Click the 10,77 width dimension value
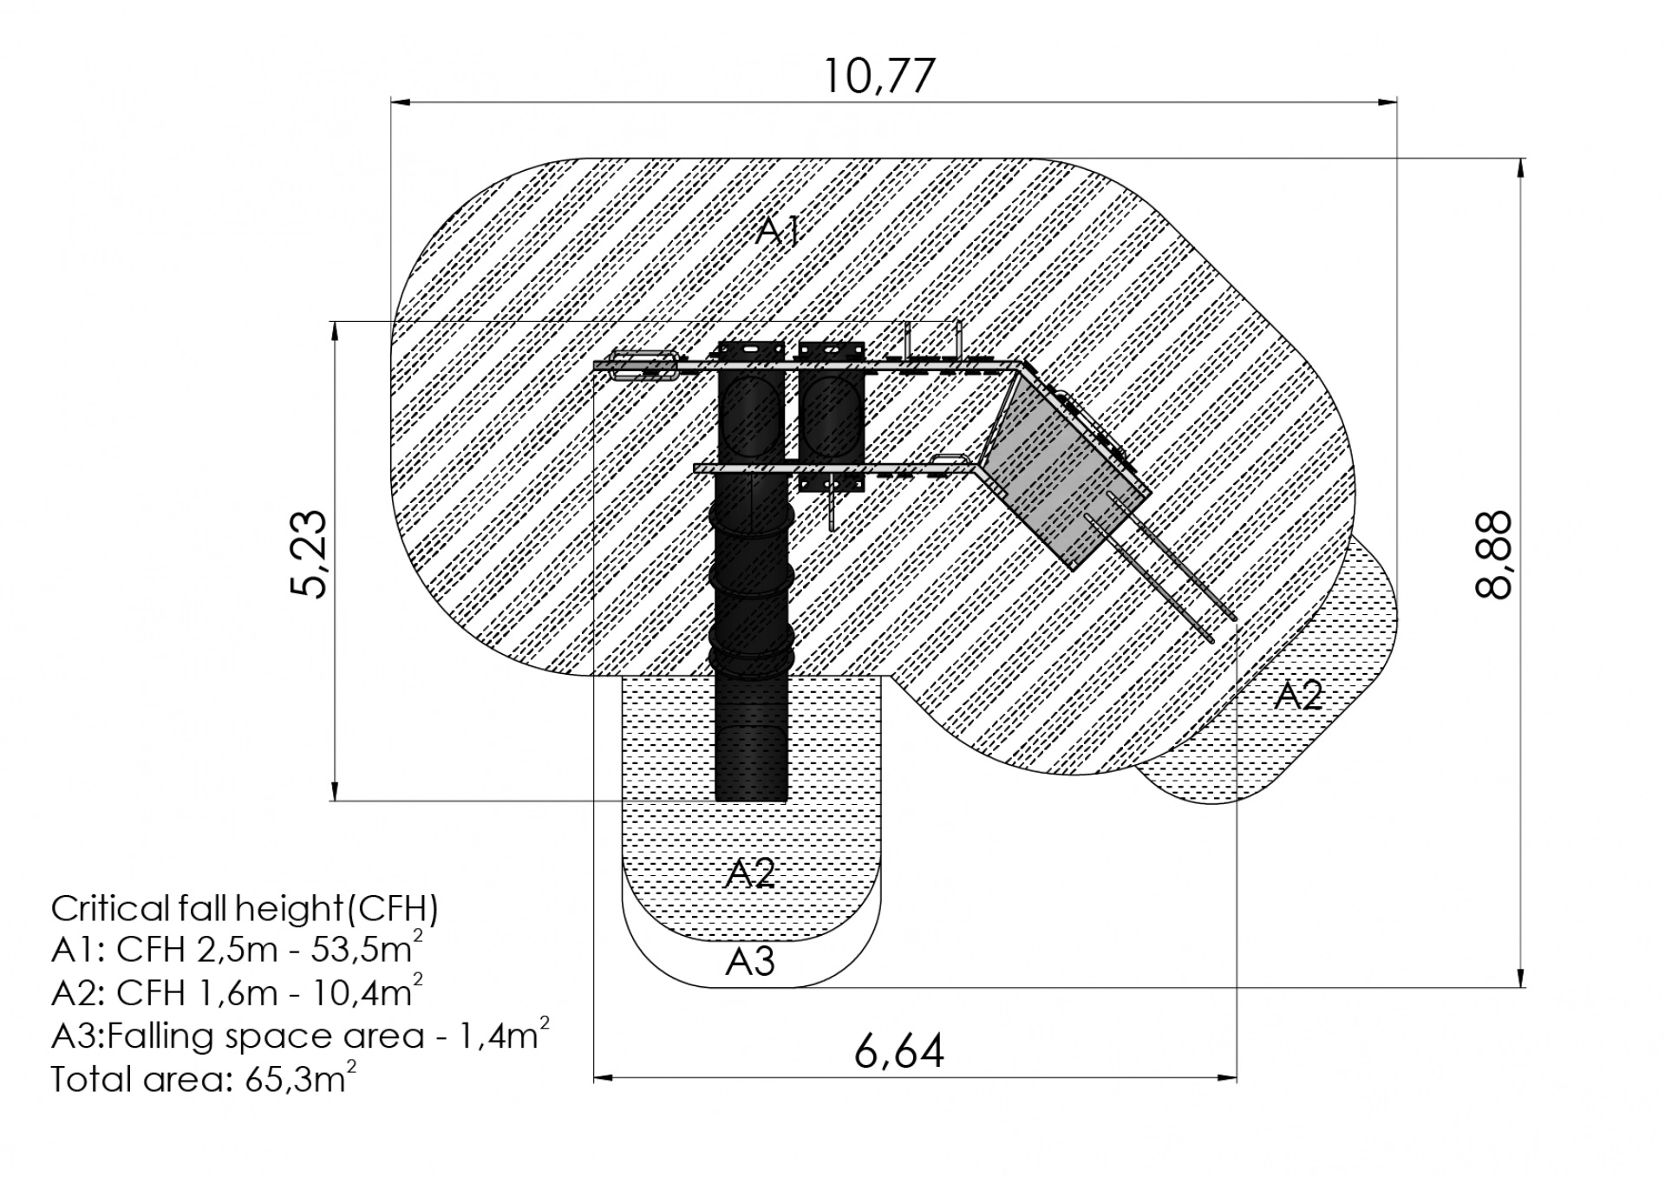tap(878, 75)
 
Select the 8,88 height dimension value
tap(1493, 554)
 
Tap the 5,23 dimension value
tap(309, 554)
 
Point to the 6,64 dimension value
tap(898, 1051)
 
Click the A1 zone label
tap(777, 232)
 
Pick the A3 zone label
tap(750, 962)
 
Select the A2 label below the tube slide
tap(750, 873)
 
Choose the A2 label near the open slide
tap(1299, 696)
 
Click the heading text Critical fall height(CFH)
tap(245, 909)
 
